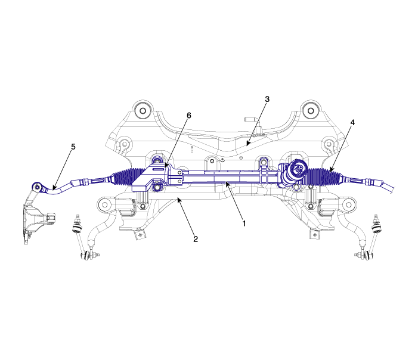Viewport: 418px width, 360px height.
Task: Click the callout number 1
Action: (244, 224)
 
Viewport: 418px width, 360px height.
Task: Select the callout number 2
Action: (196, 239)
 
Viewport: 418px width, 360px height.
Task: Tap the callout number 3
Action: (267, 99)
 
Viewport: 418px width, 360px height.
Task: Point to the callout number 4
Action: (352, 123)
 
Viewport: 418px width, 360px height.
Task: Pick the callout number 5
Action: (73, 147)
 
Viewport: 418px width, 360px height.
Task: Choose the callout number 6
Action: (189, 116)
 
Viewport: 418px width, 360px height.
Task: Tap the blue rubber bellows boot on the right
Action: (324, 176)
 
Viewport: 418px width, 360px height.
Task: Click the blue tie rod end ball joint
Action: (36, 187)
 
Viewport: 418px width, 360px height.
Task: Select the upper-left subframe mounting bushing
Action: (143, 111)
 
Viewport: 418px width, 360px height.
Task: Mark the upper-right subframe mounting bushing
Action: (311, 110)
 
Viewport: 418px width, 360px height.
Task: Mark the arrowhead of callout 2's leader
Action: (179, 200)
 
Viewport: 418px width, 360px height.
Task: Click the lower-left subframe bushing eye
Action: (105, 205)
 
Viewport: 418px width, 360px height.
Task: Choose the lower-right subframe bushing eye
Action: (349, 204)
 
